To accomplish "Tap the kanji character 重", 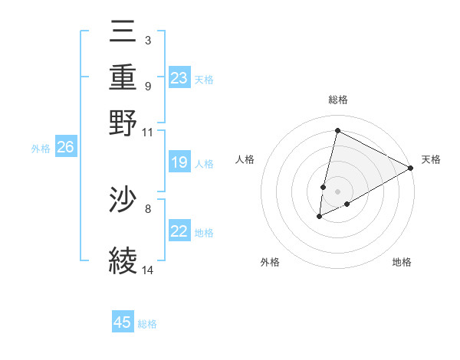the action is click(123, 79).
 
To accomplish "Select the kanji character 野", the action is click(123, 122).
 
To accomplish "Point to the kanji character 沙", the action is click(123, 201).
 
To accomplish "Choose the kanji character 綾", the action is click(123, 260).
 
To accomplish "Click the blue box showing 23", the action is click(179, 79).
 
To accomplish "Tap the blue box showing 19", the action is click(179, 162).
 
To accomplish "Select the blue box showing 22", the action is click(179, 231).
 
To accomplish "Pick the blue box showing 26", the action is click(65, 148).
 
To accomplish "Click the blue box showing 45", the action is click(123, 322).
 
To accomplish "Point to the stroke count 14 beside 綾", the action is click(147, 270).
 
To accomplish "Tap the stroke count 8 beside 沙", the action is click(147, 208).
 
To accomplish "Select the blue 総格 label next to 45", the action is click(147, 324).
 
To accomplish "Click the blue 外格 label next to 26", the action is click(41, 149).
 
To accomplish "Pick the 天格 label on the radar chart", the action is click(431, 159).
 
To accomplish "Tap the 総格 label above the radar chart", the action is click(337, 100).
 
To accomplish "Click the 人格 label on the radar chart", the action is click(245, 159).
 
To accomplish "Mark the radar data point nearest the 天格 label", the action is click(411, 168).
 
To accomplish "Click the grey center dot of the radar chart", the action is click(337, 191).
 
